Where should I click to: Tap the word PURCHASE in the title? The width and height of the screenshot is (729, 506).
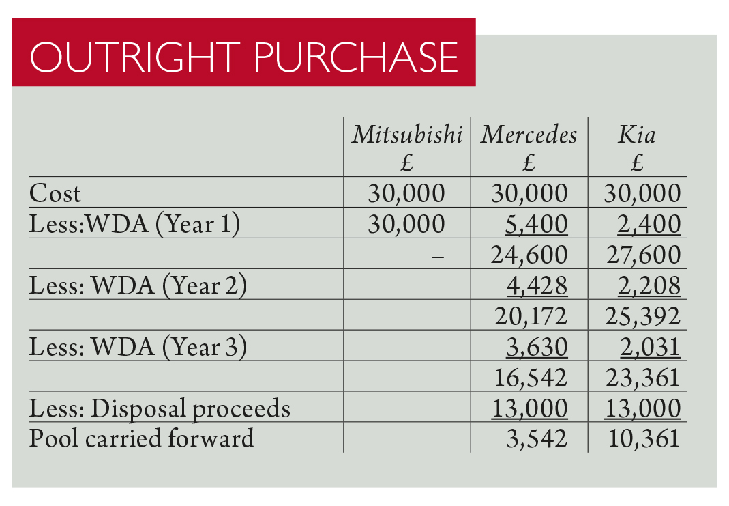pos(355,57)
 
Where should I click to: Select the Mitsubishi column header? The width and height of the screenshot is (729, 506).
pos(407,135)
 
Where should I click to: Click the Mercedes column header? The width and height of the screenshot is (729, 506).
pos(529,135)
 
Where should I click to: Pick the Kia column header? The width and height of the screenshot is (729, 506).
pos(636,135)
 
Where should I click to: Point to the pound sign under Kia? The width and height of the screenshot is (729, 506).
pos(638,164)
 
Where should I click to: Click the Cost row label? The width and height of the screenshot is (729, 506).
pos(55,194)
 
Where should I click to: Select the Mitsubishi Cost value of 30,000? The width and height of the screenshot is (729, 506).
pos(406,194)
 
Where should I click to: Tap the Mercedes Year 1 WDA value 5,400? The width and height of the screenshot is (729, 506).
pos(536,224)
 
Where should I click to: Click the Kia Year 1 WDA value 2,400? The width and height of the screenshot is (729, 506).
pos(649,224)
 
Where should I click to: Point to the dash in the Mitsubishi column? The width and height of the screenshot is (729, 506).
pos(438,256)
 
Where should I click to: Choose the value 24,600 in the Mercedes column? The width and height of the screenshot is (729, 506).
pos(529,255)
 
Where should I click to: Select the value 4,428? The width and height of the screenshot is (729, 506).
pos(536,285)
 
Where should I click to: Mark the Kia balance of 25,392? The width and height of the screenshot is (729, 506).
pos(642,316)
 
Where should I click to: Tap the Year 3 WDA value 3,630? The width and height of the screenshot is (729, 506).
pos(536,347)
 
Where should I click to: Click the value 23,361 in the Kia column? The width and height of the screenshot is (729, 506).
pos(642,377)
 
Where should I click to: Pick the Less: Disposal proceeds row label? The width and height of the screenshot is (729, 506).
pos(160,408)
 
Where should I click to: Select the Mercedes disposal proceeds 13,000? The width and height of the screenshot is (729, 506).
pos(529,408)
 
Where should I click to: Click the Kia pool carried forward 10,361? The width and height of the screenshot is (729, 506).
pos(642,438)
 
